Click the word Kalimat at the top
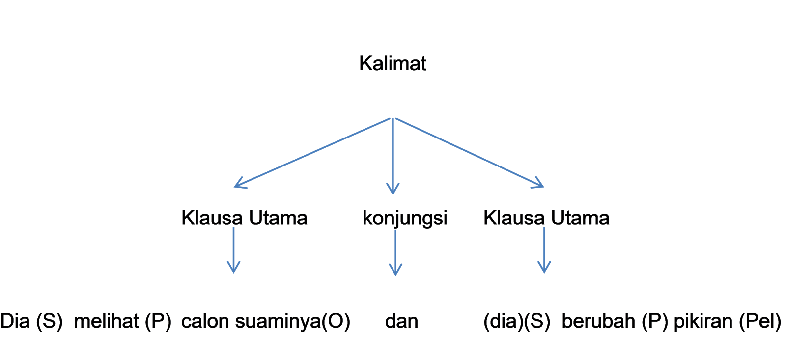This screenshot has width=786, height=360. coord(393,63)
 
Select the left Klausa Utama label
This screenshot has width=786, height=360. coord(244,218)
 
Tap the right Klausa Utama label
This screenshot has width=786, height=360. coord(546,218)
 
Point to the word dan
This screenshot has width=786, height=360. coord(401,321)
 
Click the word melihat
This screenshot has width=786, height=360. coord(106,321)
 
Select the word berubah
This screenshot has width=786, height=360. coord(598,321)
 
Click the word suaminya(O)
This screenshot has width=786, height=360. coord(293,321)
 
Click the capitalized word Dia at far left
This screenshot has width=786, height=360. coord(15,321)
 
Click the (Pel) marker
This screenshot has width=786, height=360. coord(760,321)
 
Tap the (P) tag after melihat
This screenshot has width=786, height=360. coord(158,321)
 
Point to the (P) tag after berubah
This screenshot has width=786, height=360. coord(655,321)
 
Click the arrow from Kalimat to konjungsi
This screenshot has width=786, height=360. coord(393,156)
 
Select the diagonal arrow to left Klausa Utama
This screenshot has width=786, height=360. coord(312,153)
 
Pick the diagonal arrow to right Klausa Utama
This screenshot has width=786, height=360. coord(470,153)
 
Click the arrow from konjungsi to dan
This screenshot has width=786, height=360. coord(395,252)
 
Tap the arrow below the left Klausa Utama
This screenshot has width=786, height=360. coord(233,250)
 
